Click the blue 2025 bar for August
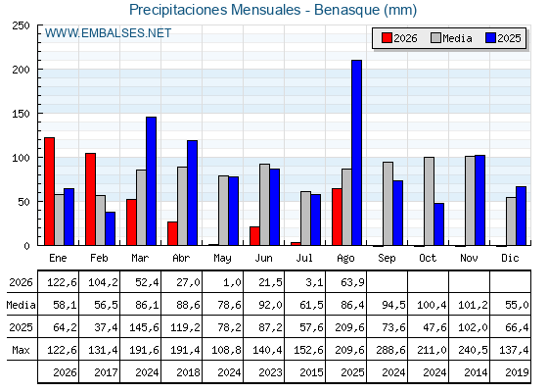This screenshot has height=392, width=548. pyautogui.click(x=357, y=153)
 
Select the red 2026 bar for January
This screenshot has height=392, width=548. pyautogui.click(x=50, y=191)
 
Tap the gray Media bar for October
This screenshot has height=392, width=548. pyautogui.click(x=430, y=201)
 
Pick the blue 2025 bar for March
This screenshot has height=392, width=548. pyautogui.click(x=152, y=181)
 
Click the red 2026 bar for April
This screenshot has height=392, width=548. pyautogui.click(x=172, y=233)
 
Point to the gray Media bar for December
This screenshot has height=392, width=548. pyautogui.click(x=511, y=221)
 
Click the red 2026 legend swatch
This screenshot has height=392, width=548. pyautogui.click(x=387, y=38)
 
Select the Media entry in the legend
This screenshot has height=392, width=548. pyautogui.click(x=451, y=38)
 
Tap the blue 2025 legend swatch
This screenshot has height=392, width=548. pyautogui.click(x=490, y=38)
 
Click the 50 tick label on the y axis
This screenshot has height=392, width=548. pyautogui.click(x=23, y=202)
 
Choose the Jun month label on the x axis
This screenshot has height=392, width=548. pyautogui.click(x=263, y=259)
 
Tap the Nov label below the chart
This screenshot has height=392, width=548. pyautogui.click(x=469, y=259)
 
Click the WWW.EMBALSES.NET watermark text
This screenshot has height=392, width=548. pyautogui.click(x=108, y=33)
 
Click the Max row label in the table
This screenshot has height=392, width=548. pyautogui.click(x=21, y=350)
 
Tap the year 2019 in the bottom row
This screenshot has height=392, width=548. pyautogui.click(x=517, y=372)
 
